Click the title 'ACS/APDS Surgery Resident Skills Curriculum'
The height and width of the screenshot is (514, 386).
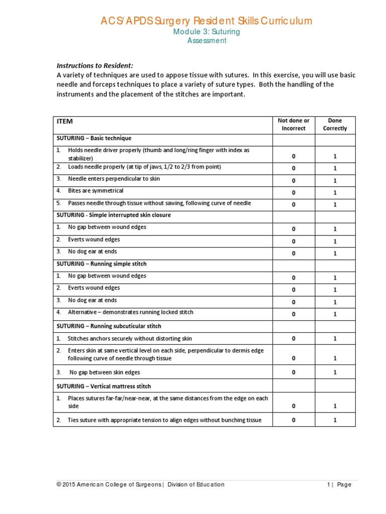coord(207,21)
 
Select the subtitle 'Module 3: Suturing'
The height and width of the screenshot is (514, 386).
coord(207,32)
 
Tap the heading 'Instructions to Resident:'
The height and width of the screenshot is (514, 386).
coord(94,66)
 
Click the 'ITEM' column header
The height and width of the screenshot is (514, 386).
coord(65,121)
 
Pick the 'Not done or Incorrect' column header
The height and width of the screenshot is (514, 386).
coord(294,124)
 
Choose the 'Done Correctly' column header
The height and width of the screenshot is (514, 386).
coord(335,124)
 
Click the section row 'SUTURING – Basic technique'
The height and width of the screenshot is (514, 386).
coord(93,138)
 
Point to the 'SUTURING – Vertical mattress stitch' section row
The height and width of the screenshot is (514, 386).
coord(104,387)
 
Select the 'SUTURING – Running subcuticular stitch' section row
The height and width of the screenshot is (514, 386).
coord(109,326)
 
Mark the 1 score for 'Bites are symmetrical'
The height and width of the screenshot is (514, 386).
coord(335,193)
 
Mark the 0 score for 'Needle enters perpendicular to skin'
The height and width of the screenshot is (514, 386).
coord(294,181)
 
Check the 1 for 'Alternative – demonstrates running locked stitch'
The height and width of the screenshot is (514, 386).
coord(335,314)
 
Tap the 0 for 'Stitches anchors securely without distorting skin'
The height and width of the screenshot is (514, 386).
coord(294,339)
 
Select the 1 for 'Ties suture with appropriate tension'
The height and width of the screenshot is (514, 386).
coord(335,420)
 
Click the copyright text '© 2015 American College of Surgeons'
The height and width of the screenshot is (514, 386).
coord(109,484)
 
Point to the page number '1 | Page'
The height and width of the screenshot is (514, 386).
coord(339,484)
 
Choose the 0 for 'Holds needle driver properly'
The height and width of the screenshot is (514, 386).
coord(294,157)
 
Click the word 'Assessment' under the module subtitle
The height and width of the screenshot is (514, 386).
coord(207,41)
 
